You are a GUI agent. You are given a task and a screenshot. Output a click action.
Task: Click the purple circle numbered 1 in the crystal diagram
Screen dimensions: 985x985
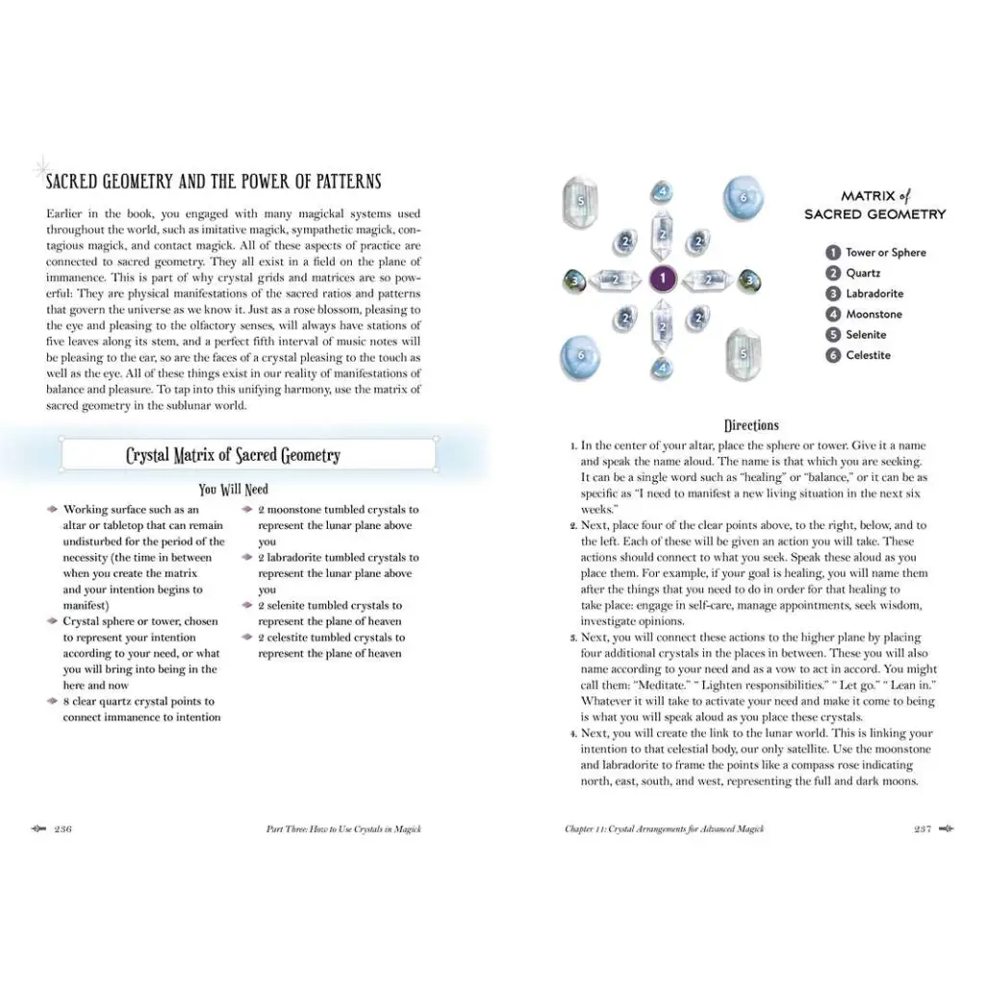click(662, 280)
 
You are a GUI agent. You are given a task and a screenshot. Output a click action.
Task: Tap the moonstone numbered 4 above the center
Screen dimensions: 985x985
click(662, 191)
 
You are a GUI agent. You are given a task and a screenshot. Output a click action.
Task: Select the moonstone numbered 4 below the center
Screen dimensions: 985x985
click(662, 367)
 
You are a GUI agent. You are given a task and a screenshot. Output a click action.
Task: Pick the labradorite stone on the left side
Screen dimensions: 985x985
click(573, 281)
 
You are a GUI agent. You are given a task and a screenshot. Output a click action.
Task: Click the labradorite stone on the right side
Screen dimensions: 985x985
click(750, 281)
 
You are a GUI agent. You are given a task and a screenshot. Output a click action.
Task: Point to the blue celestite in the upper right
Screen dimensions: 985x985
click(742, 196)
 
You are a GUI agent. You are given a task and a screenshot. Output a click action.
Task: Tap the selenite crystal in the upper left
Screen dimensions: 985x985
click(580, 201)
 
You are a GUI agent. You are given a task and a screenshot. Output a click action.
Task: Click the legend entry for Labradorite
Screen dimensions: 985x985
click(873, 293)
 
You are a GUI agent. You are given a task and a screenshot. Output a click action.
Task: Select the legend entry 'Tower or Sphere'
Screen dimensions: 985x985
click(885, 252)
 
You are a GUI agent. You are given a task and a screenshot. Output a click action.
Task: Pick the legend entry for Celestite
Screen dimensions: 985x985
click(868, 355)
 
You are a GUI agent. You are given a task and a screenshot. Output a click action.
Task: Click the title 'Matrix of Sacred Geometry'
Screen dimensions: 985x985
click(875, 205)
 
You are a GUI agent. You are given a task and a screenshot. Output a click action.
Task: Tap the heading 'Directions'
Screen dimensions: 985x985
click(751, 425)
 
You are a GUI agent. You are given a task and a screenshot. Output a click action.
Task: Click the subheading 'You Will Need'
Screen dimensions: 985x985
click(234, 490)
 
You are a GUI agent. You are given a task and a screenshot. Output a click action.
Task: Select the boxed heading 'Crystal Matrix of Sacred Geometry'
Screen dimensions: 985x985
click(233, 456)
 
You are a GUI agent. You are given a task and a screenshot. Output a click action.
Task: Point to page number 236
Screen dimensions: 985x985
click(63, 829)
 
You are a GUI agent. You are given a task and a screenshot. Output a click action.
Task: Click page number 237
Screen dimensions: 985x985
click(922, 829)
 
